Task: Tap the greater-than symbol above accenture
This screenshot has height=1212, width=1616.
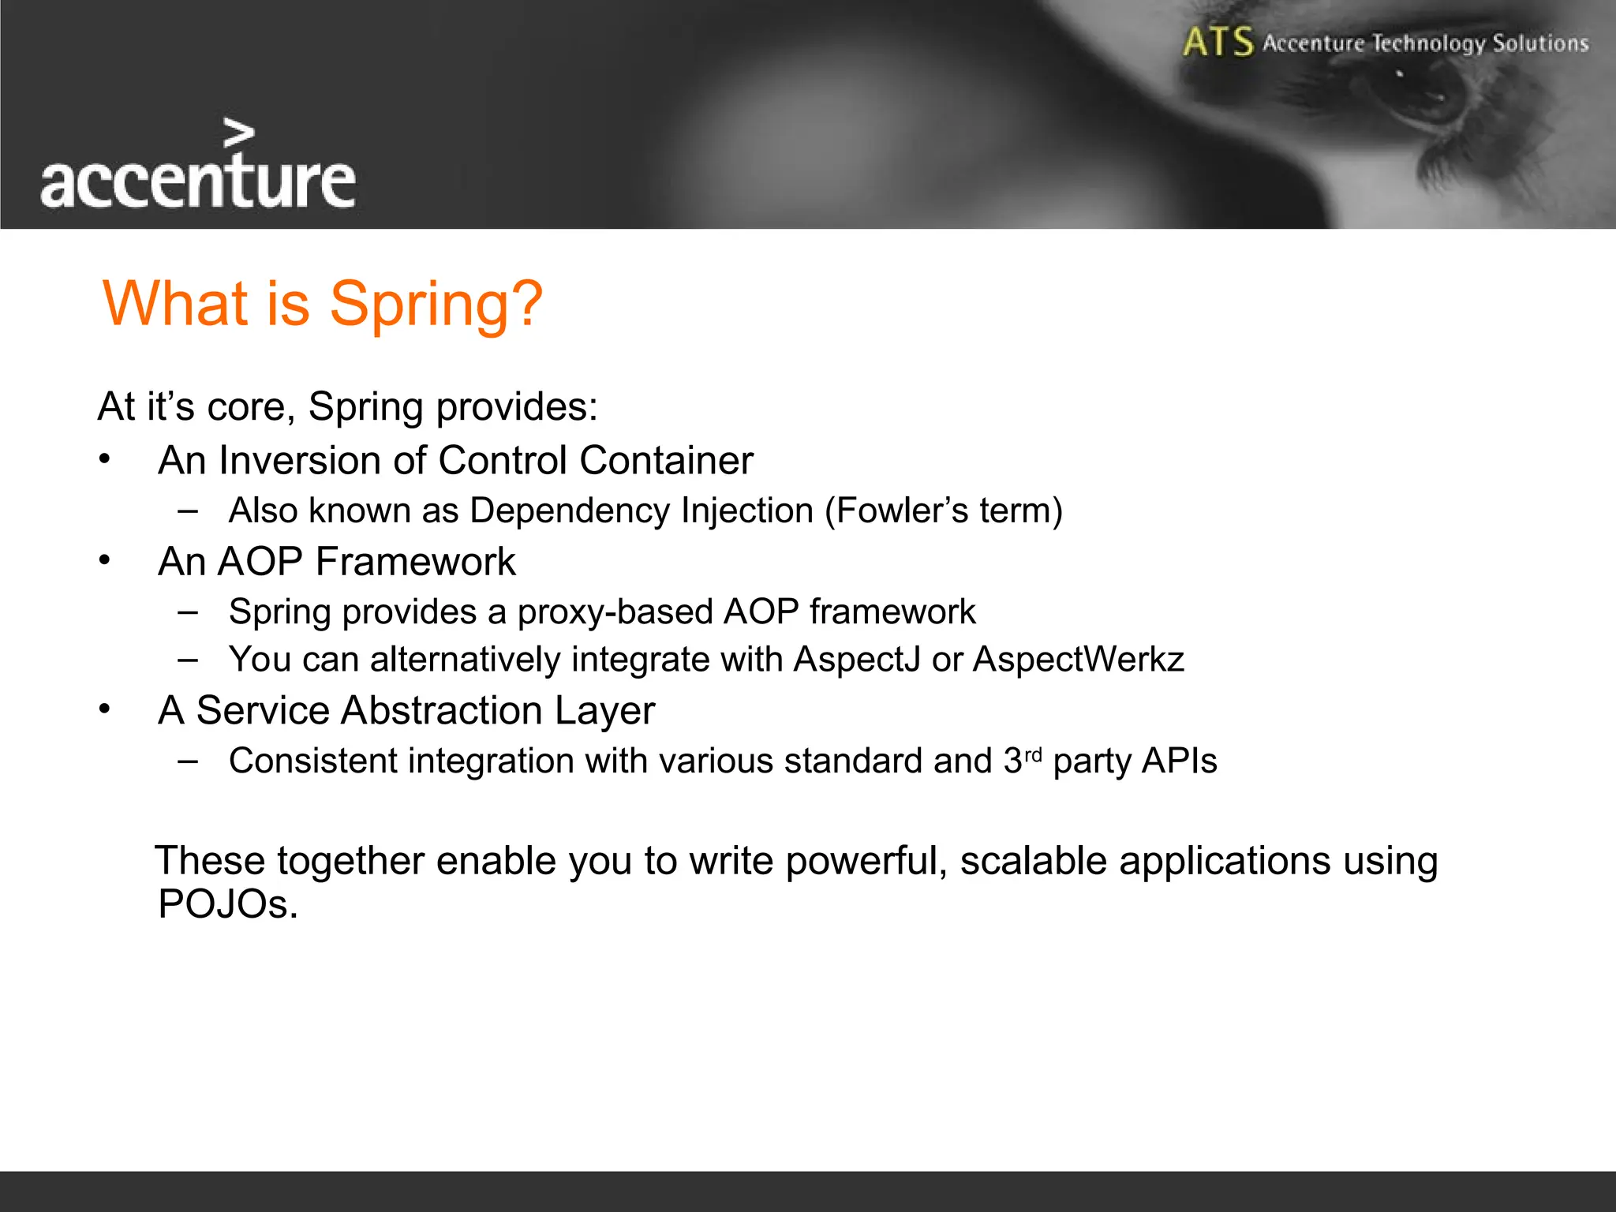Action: pos(238,134)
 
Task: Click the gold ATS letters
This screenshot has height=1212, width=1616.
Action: pos(1218,42)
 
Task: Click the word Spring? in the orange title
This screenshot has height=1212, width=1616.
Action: pos(436,304)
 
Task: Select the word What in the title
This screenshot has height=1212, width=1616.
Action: pos(175,303)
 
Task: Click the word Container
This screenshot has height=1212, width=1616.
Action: pos(666,460)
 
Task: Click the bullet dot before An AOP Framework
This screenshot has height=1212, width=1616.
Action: pos(104,560)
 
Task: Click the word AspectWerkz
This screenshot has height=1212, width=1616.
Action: pos(1078,659)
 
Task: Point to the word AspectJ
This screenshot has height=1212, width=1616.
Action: pos(857,659)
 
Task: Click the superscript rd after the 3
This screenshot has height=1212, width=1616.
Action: pos(1033,754)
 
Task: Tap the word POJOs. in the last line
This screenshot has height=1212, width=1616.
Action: pos(227,904)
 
